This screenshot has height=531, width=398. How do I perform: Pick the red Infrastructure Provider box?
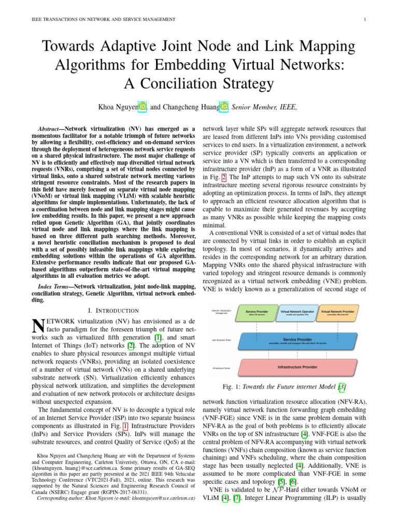click(297, 367)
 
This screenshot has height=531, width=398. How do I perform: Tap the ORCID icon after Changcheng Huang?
click(224, 107)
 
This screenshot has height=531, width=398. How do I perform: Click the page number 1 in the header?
click(365, 20)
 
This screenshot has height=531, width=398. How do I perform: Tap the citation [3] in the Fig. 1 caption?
click(342, 387)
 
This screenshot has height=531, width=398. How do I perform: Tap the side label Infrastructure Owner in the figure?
click(221, 368)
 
